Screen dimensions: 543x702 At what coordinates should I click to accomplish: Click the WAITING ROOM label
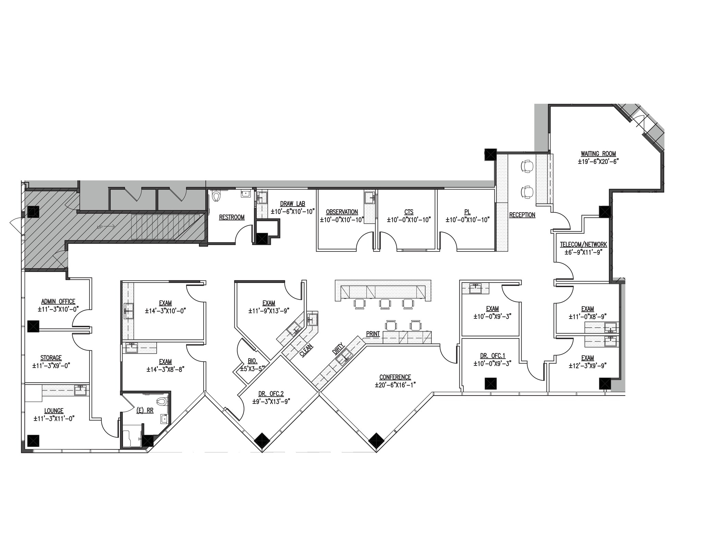pos(598,154)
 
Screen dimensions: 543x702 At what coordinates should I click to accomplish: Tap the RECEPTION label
pos(522,215)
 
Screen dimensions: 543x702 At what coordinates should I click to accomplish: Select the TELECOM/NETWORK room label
pos(583,245)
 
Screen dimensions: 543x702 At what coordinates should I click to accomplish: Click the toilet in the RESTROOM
pos(216,197)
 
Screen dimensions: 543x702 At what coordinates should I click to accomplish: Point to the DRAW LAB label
pos(292,204)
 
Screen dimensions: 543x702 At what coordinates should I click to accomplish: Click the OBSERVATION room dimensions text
pos(341,220)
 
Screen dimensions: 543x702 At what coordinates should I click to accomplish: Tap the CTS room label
pos(409,212)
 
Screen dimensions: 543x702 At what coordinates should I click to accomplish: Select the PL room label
pos(467,212)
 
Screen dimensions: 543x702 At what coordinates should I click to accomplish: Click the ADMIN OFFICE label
pos(58,302)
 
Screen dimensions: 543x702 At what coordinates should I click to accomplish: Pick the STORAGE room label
pos(51,358)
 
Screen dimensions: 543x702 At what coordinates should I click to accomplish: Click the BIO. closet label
pos(253,361)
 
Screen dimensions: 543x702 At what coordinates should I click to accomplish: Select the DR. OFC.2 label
pos(271,394)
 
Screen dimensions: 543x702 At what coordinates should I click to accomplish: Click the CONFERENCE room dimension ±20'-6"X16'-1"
pos(395,385)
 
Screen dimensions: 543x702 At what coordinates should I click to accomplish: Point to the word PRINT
pos(373,334)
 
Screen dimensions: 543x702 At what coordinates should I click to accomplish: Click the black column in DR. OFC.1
pos(491,383)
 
